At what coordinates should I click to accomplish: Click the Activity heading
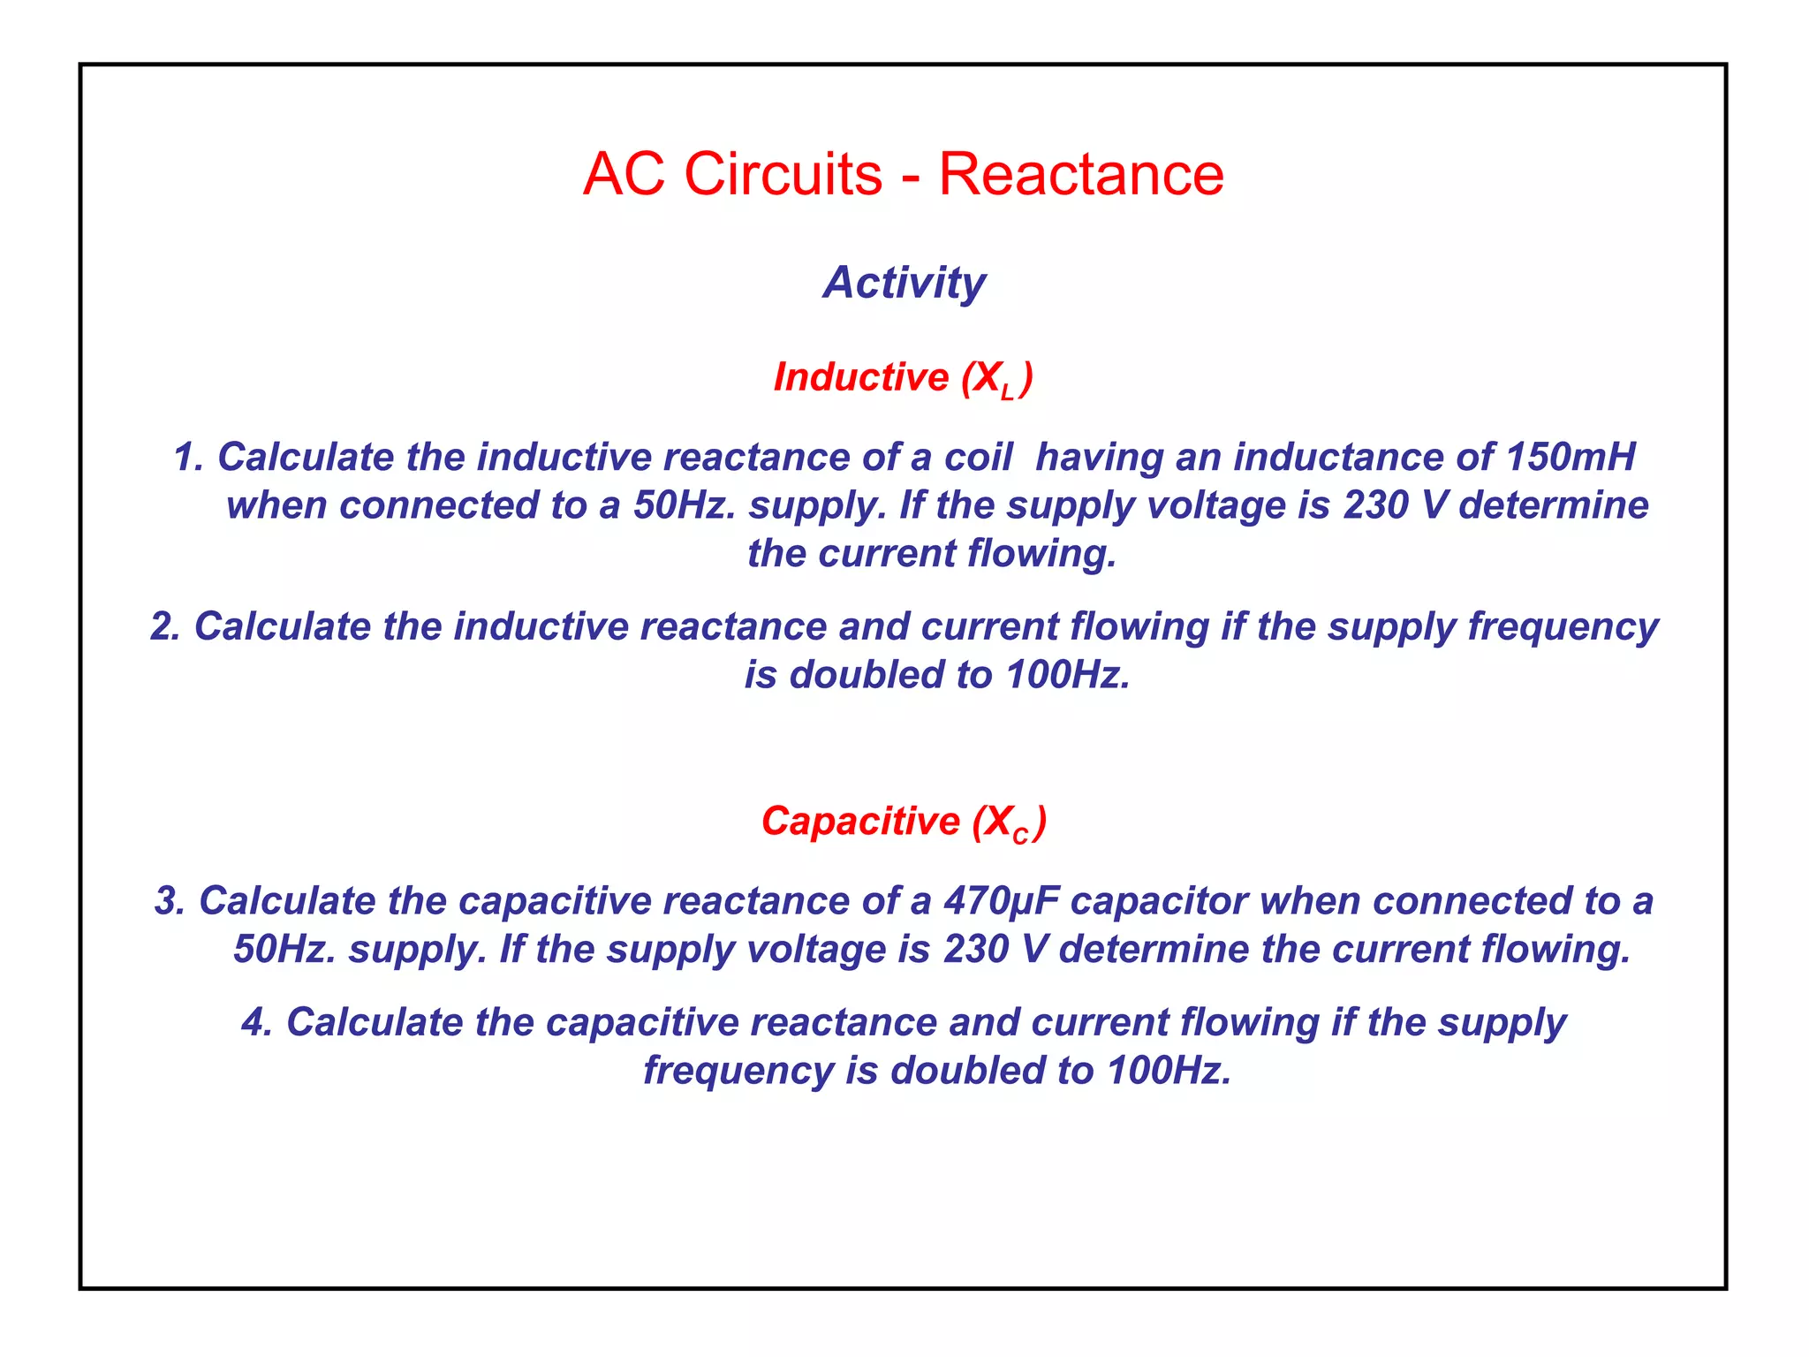904,283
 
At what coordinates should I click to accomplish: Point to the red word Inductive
860,377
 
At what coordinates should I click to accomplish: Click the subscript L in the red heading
1008,393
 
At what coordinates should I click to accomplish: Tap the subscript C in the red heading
1020,836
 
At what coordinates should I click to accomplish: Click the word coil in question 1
978,457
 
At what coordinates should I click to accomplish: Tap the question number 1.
187,457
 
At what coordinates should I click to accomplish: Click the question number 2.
164,626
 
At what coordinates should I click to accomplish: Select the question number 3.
169,901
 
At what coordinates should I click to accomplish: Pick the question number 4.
256,1022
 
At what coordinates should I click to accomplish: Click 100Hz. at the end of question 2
1068,675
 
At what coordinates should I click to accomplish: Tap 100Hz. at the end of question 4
1169,1071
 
